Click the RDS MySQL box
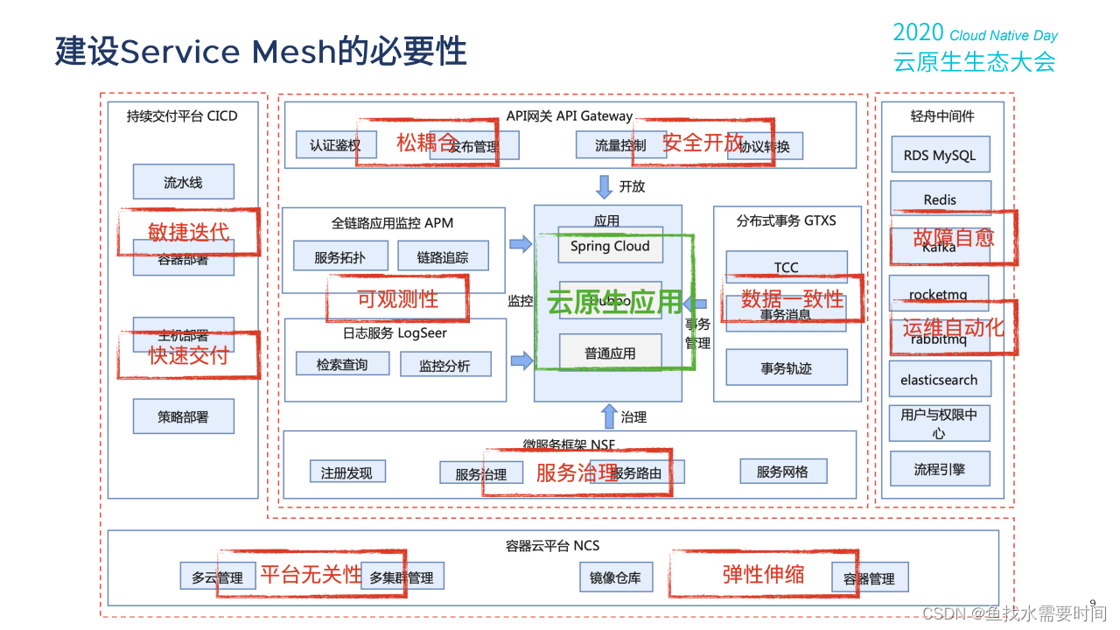940,155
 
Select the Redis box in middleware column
940,199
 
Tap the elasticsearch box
939,380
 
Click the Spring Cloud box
610,246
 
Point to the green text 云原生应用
613,302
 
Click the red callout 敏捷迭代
188,231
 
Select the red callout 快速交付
188,354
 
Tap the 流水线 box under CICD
183,182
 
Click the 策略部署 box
183,416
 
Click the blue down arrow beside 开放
604,186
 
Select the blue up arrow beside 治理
609,416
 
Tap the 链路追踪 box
443,257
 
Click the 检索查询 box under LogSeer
342,364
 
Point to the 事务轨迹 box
786,368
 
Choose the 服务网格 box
782,472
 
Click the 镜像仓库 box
615,577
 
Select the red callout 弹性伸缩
763,574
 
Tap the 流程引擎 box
939,469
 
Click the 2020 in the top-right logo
918,33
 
